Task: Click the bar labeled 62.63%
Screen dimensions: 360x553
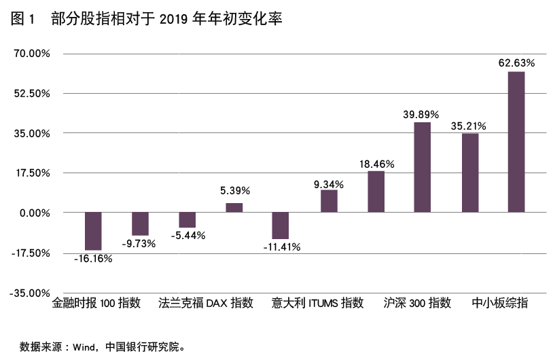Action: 516,141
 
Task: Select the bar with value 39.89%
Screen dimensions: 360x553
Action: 422,167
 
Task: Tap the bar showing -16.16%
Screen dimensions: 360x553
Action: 93,231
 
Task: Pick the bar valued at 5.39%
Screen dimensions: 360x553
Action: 234,207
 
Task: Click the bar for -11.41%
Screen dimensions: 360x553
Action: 281,226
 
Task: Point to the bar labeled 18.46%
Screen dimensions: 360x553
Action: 376,192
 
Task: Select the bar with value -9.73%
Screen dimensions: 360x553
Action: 140,223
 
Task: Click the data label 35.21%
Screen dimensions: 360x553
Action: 469,126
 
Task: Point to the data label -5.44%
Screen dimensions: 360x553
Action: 188,235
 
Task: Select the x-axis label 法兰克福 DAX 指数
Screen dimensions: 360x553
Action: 206,303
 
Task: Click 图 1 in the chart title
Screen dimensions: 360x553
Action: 22,20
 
